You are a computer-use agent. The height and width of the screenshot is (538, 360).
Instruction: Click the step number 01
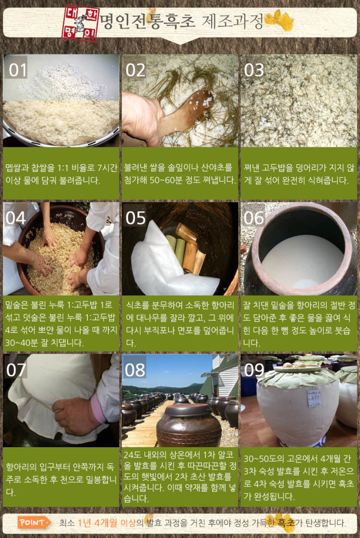click(x=18, y=70)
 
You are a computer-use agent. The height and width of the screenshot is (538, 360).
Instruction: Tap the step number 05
click(x=135, y=218)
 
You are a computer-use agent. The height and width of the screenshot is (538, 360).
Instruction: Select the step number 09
click(x=254, y=370)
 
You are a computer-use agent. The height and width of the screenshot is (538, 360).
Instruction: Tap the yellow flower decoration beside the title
click(x=280, y=21)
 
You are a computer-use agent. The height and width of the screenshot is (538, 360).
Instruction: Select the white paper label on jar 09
click(x=314, y=398)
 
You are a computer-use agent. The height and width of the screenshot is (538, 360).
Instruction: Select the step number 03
click(x=254, y=70)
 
